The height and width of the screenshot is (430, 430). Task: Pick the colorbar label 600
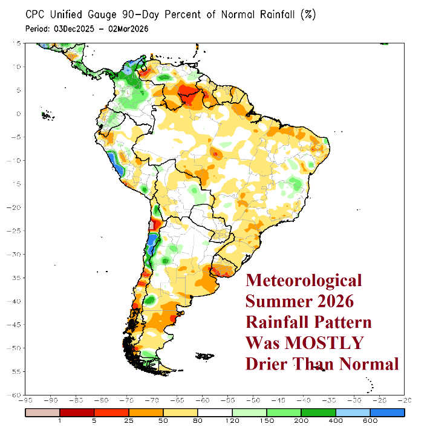point(371,420)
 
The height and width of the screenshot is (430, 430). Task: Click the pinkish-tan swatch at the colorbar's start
point(42,412)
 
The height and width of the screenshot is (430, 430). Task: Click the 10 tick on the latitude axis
point(19,67)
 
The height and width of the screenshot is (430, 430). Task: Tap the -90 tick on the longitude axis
point(26,400)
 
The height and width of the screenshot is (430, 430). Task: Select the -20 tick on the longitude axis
point(403,400)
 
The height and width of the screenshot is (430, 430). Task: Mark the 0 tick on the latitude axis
point(21,113)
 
